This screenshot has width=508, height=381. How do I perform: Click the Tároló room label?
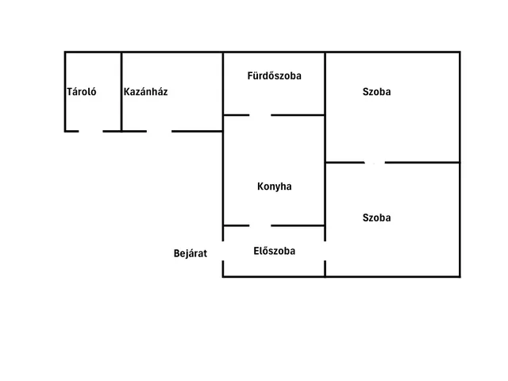[81, 92]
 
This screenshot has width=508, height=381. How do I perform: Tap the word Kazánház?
[145, 92]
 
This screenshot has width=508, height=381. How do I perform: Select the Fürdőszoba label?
[274, 76]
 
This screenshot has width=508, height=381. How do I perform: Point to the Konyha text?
[274, 187]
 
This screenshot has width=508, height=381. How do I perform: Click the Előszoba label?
[274, 251]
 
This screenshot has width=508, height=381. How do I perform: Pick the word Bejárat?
[190, 253]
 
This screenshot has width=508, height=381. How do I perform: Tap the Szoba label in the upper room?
[376, 92]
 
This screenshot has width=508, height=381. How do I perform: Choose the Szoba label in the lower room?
[376, 217]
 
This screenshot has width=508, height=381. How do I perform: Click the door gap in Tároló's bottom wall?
[90, 131]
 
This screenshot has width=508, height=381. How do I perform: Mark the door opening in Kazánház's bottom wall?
[159, 131]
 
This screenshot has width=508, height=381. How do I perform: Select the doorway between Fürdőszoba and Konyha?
[260, 115]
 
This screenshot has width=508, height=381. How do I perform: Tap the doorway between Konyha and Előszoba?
[260, 225]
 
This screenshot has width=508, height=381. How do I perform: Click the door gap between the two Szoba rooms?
[375, 162]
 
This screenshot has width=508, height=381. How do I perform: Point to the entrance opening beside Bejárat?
[223, 251]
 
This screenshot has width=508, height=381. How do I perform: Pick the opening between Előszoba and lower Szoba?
[325, 251]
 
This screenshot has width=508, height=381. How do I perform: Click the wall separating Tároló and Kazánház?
[121, 92]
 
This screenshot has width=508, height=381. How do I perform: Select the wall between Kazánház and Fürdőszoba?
[223, 92]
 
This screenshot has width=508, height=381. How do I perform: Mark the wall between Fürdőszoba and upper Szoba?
[325, 83]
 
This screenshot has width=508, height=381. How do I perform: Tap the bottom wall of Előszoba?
[274, 277]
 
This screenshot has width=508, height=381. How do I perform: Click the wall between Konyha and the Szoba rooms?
[325, 171]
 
